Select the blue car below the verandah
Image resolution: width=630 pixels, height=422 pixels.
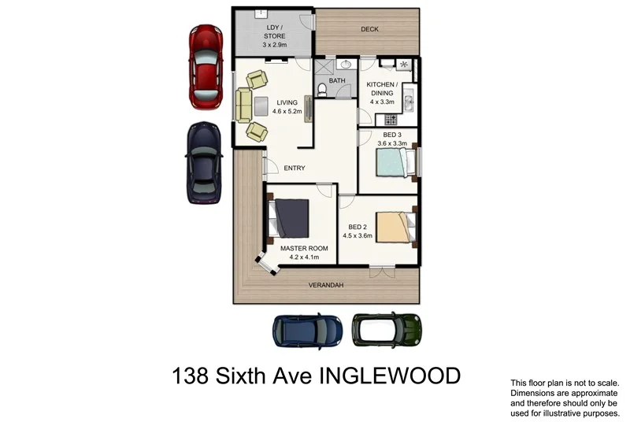(307, 331)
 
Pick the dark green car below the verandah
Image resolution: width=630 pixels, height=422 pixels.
(385, 331)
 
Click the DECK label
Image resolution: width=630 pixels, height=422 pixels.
(370, 30)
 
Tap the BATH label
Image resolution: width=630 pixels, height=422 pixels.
(337, 80)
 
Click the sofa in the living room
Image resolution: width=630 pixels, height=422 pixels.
(243, 105)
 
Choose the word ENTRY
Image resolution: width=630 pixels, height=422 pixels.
(294, 168)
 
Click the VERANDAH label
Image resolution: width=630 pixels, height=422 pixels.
(325, 284)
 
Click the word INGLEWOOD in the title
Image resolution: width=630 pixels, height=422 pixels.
(389, 376)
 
